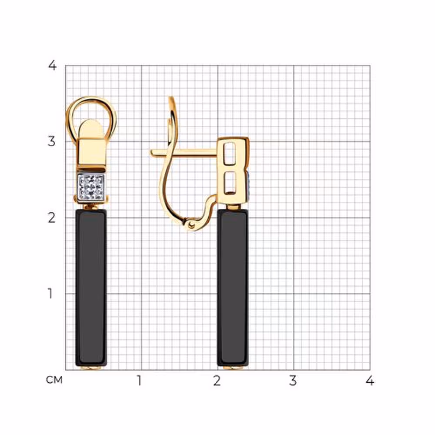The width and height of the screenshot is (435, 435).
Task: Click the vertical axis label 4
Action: (x=52, y=66)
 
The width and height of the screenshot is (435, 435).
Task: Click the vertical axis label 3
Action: (x=52, y=141)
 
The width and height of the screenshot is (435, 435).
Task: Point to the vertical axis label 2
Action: (x=52, y=218)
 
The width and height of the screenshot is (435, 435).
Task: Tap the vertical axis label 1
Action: (x=50, y=294)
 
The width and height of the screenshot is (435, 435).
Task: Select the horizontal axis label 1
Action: (x=139, y=381)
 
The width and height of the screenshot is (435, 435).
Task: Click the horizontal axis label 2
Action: (x=217, y=381)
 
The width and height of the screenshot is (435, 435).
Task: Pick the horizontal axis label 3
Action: (x=293, y=381)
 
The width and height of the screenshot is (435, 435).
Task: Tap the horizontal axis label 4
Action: (x=369, y=381)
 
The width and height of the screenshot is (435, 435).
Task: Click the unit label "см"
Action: (x=54, y=380)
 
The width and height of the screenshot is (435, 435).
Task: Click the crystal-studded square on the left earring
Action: (x=91, y=187)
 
